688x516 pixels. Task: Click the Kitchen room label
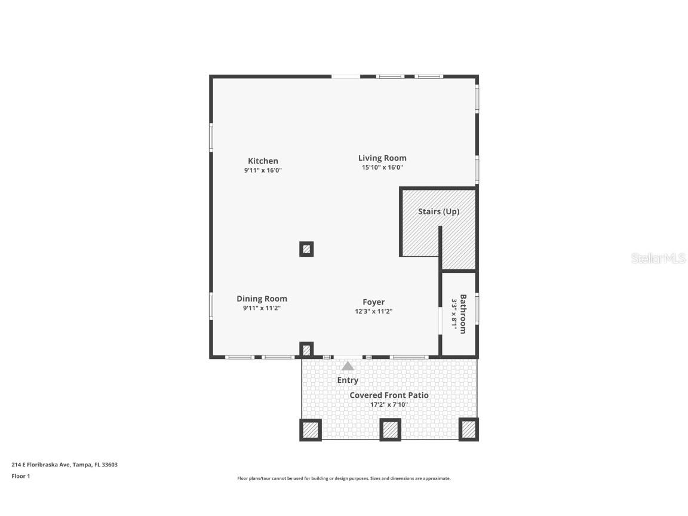(x=263, y=161)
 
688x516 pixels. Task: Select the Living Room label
(x=382, y=158)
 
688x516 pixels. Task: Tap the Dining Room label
(x=262, y=299)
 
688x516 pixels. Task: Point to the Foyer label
(x=373, y=302)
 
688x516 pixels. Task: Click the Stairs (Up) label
(x=438, y=211)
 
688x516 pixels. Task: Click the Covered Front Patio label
(x=389, y=395)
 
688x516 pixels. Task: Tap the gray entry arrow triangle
(x=348, y=366)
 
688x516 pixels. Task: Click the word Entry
(x=348, y=380)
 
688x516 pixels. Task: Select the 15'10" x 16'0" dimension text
(x=382, y=167)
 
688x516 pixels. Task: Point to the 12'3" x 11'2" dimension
(x=373, y=311)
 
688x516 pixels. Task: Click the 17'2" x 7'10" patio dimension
(x=389, y=404)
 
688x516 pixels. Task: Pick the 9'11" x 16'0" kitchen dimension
(x=263, y=170)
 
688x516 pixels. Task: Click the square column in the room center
(x=306, y=249)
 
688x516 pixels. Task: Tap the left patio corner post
(x=311, y=429)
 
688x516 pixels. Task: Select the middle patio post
(x=390, y=429)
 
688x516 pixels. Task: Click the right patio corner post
(x=469, y=429)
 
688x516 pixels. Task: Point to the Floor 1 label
(x=20, y=476)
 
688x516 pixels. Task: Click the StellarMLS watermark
(x=659, y=258)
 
